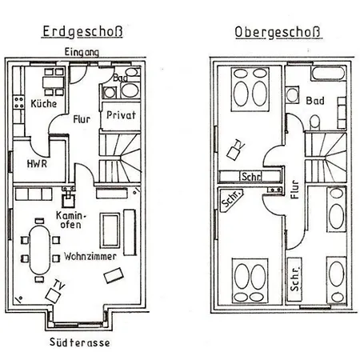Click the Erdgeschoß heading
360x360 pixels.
tap(82, 32)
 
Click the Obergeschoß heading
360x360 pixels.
tap(278, 32)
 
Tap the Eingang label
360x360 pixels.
tap(82, 52)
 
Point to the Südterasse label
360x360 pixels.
tap(79, 342)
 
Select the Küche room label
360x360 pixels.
tap(44, 103)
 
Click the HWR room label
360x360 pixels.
tap(37, 163)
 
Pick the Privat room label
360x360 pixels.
tap(121, 115)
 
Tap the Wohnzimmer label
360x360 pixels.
tap(90, 257)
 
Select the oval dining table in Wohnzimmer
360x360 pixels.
tap(39, 250)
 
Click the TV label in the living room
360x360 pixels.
tap(59, 285)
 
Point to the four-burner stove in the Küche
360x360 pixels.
tap(18, 102)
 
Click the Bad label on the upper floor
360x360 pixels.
tap(315, 101)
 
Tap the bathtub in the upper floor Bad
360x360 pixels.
tap(328, 74)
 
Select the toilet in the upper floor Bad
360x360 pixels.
tap(315, 122)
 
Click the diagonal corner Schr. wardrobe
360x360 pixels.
tap(231, 199)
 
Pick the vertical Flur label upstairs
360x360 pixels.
tap(294, 190)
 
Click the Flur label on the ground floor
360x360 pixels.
tap(82, 119)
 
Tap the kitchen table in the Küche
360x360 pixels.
tap(54, 82)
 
